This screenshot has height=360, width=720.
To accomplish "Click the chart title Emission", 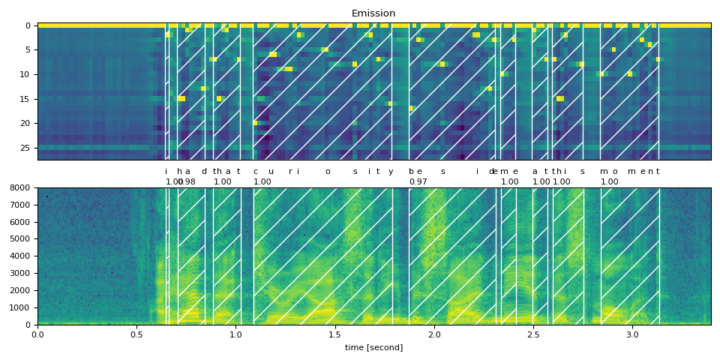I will point(373,13).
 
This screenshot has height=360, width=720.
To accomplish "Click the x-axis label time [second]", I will point(373,347).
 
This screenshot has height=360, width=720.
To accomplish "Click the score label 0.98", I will point(187,182).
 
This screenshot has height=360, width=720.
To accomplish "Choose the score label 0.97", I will point(418,182).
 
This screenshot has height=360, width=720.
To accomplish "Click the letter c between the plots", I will point(255,172).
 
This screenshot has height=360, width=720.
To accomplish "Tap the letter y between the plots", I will point(391,172).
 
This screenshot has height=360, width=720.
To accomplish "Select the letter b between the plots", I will point(411,172).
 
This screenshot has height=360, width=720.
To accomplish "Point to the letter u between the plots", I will point(271,172).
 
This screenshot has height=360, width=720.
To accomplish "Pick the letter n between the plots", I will point(650,172).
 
